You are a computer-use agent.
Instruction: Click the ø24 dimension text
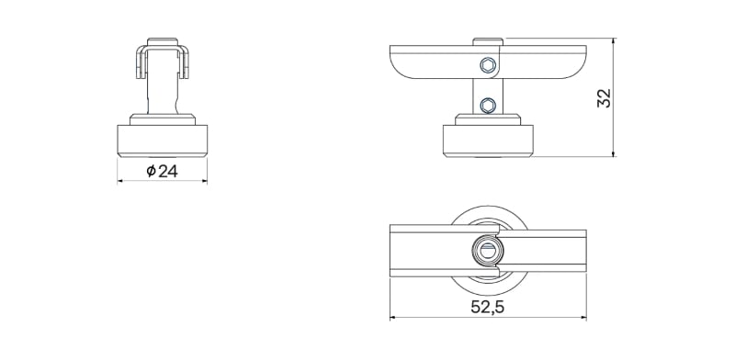(x=162, y=172)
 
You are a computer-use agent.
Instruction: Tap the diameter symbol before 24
(x=151, y=172)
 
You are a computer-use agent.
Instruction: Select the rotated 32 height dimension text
(x=605, y=97)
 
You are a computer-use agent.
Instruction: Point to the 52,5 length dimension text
(x=488, y=308)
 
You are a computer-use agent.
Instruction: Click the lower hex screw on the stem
(x=488, y=105)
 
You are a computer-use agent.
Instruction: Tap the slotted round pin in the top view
(x=487, y=250)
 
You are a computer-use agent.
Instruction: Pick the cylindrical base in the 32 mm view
(x=488, y=140)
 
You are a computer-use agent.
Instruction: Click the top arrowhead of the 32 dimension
(x=614, y=42)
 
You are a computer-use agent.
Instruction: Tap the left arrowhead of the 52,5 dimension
(x=394, y=318)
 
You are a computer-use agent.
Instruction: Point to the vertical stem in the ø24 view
(x=163, y=92)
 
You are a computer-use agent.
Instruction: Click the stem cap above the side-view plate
(x=488, y=41)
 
